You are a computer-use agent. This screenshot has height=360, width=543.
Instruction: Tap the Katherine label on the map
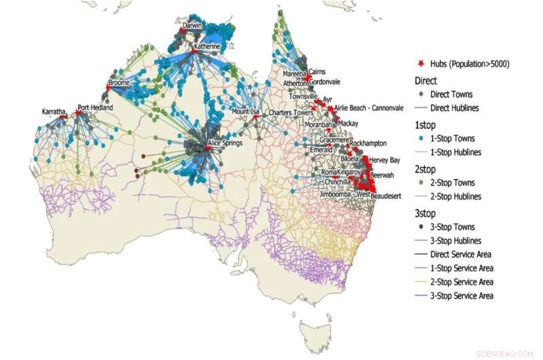[x=207, y=46]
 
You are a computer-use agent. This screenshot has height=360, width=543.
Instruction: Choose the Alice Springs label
[x=226, y=143]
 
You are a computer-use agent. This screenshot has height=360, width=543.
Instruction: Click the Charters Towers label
[x=288, y=112]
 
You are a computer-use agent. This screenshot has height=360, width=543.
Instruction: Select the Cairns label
[x=317, y=71]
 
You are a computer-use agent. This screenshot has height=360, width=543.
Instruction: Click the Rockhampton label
[x=371, y=143]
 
